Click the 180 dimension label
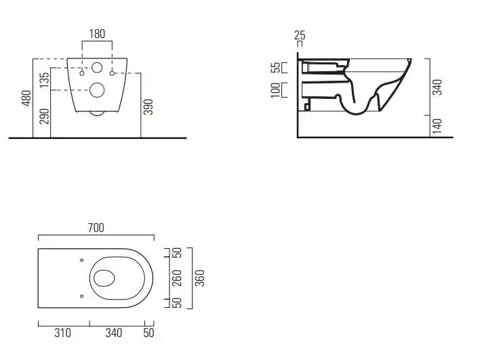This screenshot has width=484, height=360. click(97, 34)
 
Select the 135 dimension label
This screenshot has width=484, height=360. click(45, 79)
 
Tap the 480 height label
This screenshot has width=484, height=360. click(26, 98)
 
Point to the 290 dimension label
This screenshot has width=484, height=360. click(45, 116)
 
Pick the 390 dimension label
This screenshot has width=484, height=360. click(148, 107)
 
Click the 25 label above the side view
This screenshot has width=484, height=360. click(300, 35)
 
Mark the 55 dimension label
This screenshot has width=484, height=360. click(277, 67)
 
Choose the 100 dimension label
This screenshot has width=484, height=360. click(276, 90)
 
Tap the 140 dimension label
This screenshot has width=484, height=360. click(437, 126)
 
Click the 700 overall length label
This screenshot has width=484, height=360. click(96, 228)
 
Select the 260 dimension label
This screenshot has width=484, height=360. click(176, 277)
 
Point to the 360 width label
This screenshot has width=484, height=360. click(200, 278)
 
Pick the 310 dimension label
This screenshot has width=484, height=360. click(62, 333)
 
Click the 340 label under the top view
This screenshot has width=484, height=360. click(114, 333)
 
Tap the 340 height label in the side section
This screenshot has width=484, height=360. click(437, 87)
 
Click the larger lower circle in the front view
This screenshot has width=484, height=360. click(97, 90)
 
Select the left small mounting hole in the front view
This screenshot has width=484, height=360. click(82, 73)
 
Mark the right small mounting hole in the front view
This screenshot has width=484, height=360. click(112, 73)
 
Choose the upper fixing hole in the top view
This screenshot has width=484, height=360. click(81, 260)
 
